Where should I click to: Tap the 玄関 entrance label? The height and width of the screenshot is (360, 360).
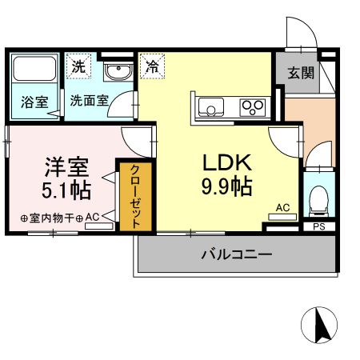(301, 73)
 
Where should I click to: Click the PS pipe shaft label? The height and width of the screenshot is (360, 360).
(319, 227)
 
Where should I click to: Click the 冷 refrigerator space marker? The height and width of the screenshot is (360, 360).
(151, 66)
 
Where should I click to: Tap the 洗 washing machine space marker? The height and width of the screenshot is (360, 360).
(79, 67)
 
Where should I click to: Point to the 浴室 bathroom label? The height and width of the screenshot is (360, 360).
(34, 102)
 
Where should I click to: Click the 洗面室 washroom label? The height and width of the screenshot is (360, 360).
(86, 102)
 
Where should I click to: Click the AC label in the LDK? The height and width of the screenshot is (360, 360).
(282, 207)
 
